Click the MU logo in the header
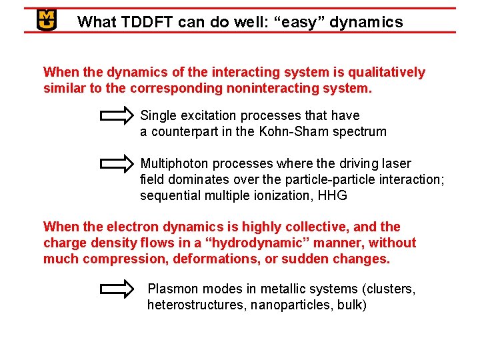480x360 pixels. point(46,20)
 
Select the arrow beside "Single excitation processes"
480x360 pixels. point(117,117)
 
